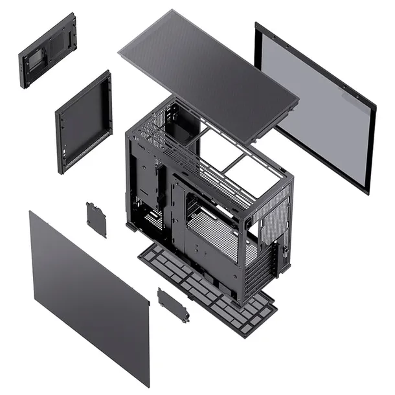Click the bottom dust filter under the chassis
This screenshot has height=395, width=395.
coord(207,285)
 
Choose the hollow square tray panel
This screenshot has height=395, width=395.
coord(84,123)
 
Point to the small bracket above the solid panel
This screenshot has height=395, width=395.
coord(96,220)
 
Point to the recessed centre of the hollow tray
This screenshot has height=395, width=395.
coord(84,123)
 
